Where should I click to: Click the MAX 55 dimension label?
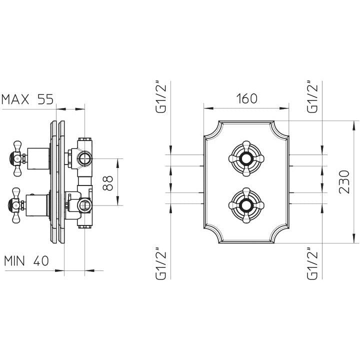pyautogui.click(x=27, y=99)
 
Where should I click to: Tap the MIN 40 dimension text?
pyautogui.click(x=26, y=261)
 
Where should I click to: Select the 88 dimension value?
pyautogui.click(x=107, y=183)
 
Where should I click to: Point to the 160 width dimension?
pyautogui.click(x=247, y=98)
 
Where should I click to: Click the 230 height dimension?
pyautogui.click(x=344, y=182)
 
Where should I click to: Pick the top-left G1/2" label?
pyautogui.click(x=160, y=97)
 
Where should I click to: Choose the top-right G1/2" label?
pyautogui.click(x=312, y=97)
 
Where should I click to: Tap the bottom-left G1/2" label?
pyautogui.click(x=160, y=263)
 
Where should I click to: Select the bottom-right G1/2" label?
pyautogui.click(x=312, y=263)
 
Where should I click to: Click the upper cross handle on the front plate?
pyautogui.click(x=246, y=158)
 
